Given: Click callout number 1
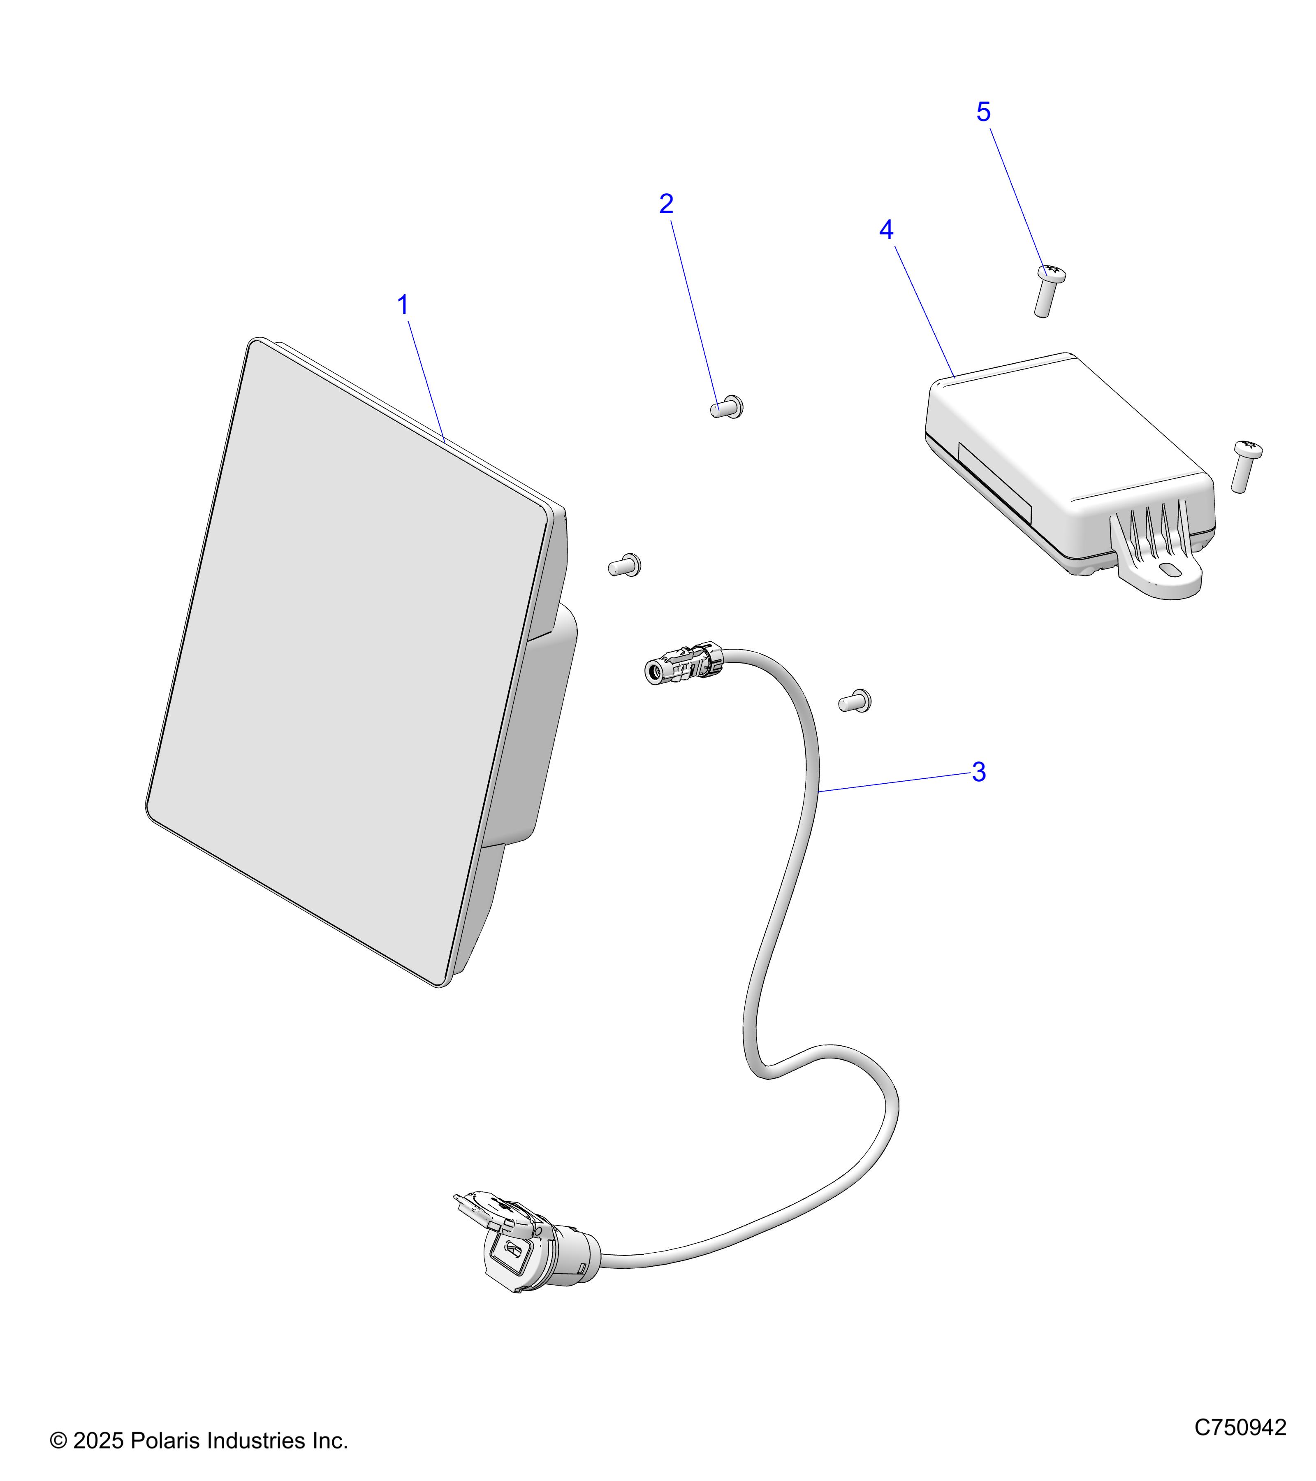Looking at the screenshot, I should coord(403,305).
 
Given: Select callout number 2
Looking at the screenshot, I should coord(666,204).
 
